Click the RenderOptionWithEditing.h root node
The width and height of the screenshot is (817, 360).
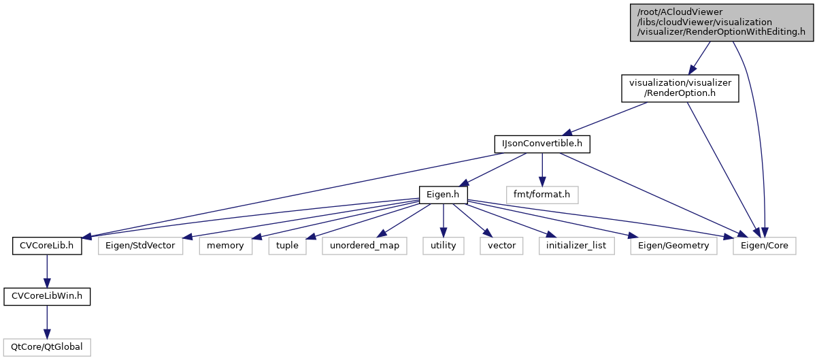click(x=721, y=21)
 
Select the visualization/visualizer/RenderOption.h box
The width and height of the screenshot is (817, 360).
click(x=680, y=88)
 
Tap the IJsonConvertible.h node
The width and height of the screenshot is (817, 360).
click(x=541, y=144)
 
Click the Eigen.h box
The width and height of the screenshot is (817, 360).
click(x=444, y=195)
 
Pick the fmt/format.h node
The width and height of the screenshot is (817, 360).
click(x=541, y=195)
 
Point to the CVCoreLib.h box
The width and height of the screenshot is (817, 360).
click(x=47, y=245)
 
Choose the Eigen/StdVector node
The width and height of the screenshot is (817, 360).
click(x=141, y=245)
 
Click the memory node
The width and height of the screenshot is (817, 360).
click(x=226, y=245)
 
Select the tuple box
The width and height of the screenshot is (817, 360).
click(x=287, y=245)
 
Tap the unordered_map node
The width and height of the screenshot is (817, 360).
click(x=365, y=245)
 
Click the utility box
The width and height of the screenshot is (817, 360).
click(x=444, y=245)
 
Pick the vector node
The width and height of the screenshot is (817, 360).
click(x=501, y=245)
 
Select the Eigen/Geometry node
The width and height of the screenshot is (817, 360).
click(x=673, y=245)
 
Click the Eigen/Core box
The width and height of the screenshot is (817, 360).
click(x=765, y=245)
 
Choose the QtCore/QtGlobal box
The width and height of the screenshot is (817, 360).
click(x=47, y=346)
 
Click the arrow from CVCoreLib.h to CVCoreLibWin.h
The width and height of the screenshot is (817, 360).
click(x=47, y=271)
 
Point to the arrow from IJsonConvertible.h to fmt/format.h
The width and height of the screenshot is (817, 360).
click(x=541, y=169)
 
